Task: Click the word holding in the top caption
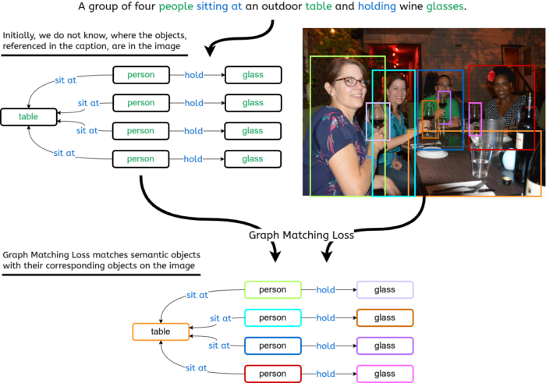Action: pos(377,7)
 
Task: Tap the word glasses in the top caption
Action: pos(445,7)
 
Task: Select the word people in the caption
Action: pos(175,7)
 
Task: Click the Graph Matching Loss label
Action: pos(301,235)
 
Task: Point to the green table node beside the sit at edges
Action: pos(28,116)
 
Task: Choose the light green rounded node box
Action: pos(272,290)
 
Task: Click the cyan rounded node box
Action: pos(272,318)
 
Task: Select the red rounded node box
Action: pos(272,374)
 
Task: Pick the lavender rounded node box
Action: pos(385,290)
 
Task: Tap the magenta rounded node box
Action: pos(385,374)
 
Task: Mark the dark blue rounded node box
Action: pos(272,346)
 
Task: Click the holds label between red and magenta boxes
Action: pos(326,374)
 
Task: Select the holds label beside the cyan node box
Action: pos(326,318)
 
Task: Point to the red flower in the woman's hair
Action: pos(491,76)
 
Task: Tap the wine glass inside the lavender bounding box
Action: pos(378,121)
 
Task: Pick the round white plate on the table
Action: pos(432,153)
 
